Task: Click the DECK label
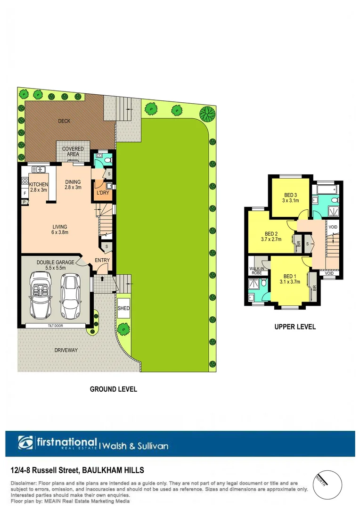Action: point(64,121)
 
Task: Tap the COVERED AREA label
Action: point(73,151)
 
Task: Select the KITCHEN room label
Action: point(39,184)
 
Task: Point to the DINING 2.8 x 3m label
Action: point(73,184)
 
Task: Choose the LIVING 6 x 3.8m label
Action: point(59,229)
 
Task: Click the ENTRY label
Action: point(102,260)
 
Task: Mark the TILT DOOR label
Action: point(56,325)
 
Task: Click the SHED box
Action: point(123,308)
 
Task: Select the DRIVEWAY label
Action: point(66,350)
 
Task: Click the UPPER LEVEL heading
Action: point(295,327)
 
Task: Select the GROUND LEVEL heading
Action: point(114,389)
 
